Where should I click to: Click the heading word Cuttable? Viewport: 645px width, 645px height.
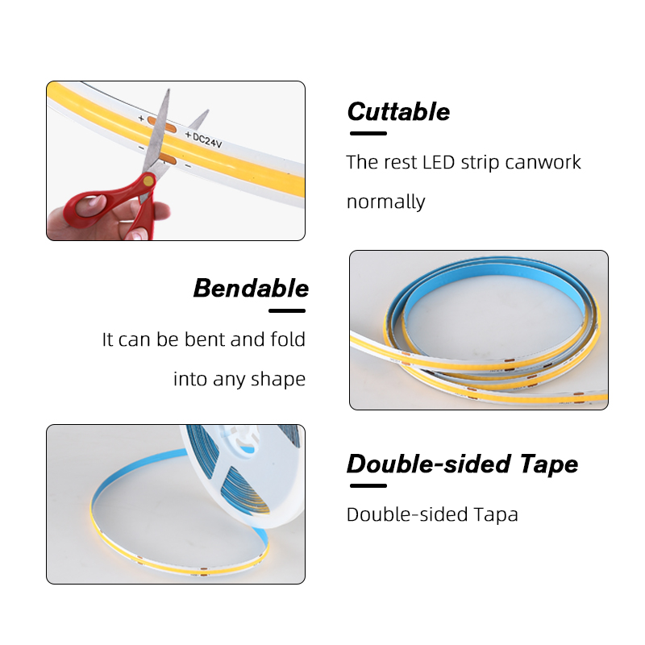point(398,112)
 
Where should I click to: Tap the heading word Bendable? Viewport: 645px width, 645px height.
point(251,289)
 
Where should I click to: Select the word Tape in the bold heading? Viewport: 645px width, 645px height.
point(549,464)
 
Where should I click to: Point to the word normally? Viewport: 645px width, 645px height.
point(386,202)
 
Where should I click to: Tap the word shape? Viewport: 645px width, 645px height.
point(278,379)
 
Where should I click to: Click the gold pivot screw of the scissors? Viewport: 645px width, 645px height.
point(148,181)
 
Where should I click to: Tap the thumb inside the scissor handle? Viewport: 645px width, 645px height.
point(92,205)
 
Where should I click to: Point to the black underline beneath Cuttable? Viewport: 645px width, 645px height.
point(368,133)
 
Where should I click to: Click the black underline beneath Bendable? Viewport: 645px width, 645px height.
point(287,311)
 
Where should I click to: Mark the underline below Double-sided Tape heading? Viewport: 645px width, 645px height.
point(368,486)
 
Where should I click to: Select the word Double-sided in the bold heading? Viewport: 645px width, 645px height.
point(431,464)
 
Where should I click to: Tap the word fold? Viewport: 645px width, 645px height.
point(288,339)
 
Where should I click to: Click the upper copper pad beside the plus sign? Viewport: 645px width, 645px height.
point(162,125)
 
